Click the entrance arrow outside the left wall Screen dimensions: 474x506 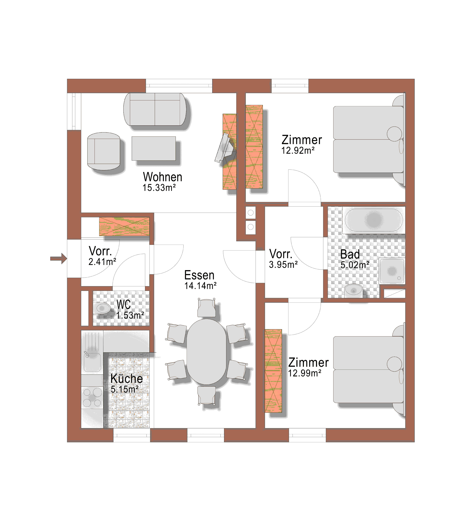59,259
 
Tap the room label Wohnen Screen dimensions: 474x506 163,177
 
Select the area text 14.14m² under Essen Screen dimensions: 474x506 200,286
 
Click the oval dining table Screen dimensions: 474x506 207,352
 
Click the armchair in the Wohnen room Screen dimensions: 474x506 104,151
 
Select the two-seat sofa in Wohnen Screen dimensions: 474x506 155,109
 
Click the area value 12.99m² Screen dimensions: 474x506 305,373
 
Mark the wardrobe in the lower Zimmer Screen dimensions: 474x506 273,371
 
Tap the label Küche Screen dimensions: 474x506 127,379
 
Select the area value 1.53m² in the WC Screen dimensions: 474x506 130,315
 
